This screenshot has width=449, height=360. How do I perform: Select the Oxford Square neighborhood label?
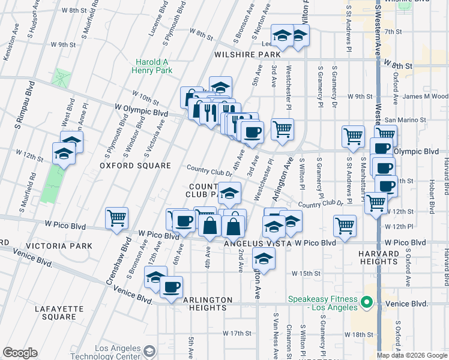coord(135,165)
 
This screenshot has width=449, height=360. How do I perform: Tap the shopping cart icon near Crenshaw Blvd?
coord(116,218)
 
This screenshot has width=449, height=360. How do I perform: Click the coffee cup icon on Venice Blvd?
coord(171,287)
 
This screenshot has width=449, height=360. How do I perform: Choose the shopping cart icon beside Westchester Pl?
coord(282,128)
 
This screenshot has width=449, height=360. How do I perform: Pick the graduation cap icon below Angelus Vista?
coord(264,259)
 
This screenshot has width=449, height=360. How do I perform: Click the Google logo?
coord(19,353)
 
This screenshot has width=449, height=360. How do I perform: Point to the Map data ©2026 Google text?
coord(411,355)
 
